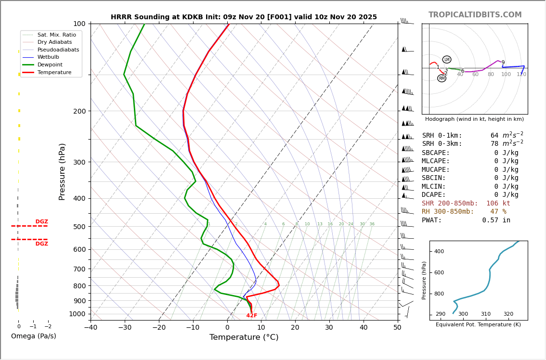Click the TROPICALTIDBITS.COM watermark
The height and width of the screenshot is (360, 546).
pyautogui.click(x=475, y=15)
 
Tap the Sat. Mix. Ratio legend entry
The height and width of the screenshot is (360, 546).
pyautogui.click(x=56, y=35)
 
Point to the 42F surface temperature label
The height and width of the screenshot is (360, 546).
pyautogui.click(x=251, y=316)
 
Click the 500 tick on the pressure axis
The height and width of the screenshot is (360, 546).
pyautogui.click(x=79, y=227)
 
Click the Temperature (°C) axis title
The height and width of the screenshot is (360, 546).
pyautogui.click(x=244, y=337)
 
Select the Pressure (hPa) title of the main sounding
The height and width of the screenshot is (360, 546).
pyautogui.click(x=62, y=171)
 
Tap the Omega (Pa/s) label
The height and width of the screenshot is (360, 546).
pyautogui.click(x=34, y=336)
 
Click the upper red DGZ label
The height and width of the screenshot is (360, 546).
pyautogui.click(x=41, y=222)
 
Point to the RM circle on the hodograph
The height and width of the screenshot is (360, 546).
pyautogui.click(x=442, y=78)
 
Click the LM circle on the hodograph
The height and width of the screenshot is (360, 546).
pyautogui.click(x=447, y=60)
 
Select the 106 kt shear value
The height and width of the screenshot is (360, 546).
pyautogui.click(x=498, y=204)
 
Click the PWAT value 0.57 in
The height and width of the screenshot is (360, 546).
pyautogui.click(x=496, y=220)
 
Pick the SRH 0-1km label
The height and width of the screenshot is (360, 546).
pyautogui.click(x=442, y=136)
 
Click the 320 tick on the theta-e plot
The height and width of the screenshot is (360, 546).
pyautogui.click(x=508, y=314)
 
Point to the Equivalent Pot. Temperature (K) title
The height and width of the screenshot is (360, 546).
pyautogui.click(x=478, y=325)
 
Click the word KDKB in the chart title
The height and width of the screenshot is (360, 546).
pyautogui.click(x=192, y=17)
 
